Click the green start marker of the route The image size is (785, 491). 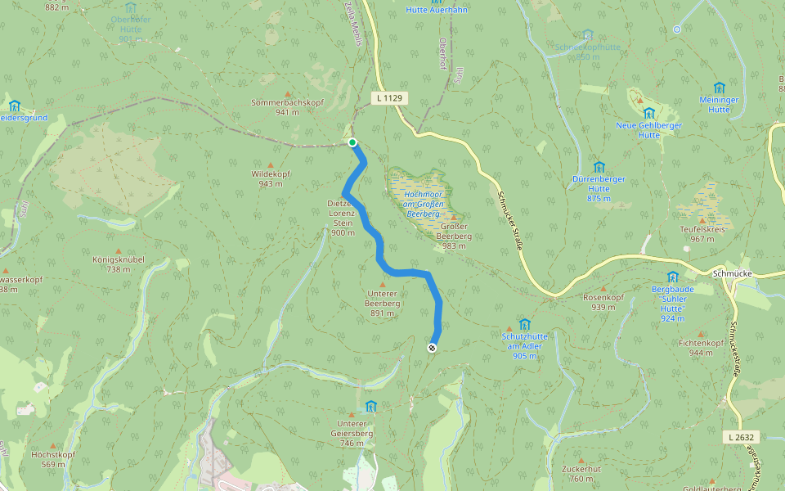352,142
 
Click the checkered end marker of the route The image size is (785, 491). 432,348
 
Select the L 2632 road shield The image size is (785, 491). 739,438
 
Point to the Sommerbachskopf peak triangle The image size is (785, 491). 288,94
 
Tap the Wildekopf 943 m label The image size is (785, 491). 271,179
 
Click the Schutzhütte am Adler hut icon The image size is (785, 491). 524,324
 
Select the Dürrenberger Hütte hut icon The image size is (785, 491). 599,167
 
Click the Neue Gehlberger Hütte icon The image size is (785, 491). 648,113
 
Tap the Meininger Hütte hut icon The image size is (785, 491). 719,88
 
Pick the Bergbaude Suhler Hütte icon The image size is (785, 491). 672,277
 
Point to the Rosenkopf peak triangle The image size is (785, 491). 603,289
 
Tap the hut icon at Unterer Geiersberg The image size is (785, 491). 371,406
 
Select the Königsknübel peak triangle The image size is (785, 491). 118,250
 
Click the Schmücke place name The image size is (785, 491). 732,274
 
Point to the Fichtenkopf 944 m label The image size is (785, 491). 701,348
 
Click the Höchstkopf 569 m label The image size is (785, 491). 52,459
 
